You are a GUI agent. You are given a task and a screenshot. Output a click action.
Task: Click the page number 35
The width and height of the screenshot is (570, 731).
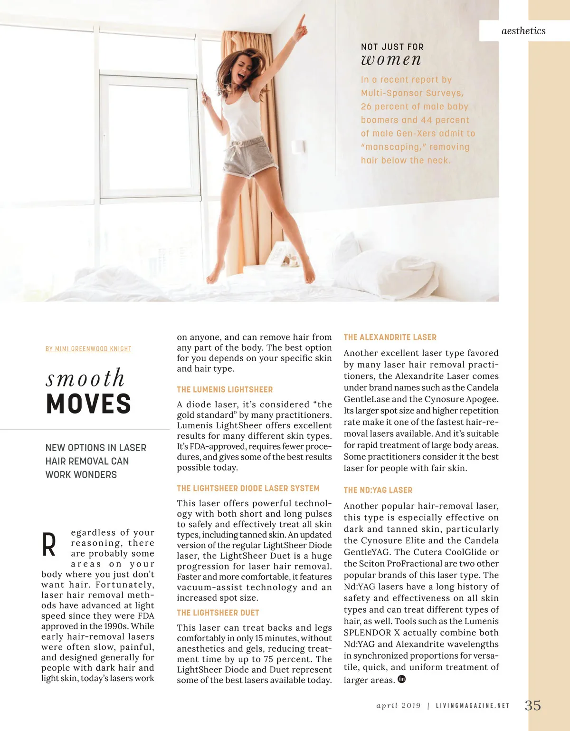tap(532, 705)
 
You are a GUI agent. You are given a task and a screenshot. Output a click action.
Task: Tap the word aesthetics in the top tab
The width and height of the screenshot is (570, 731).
tap(523, 31)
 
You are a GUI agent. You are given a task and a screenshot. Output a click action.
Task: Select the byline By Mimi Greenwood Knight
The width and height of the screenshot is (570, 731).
tap(88, 349)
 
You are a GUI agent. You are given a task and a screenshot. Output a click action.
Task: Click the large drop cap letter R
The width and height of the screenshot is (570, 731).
tap(49, 545)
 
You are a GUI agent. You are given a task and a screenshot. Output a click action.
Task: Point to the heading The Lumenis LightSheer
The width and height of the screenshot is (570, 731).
tap(225, 390)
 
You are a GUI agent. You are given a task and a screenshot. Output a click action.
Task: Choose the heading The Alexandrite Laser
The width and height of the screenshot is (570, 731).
tap(390, 337)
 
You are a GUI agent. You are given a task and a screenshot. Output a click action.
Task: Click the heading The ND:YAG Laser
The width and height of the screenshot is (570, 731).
tap(378, 490)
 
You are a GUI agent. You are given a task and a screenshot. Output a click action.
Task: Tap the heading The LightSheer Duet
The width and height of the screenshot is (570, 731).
tap(218, 613)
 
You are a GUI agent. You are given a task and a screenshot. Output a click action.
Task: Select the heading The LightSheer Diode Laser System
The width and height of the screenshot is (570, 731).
tap(248, 489)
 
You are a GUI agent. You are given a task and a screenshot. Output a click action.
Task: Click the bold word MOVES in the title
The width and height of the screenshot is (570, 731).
tap(89, 404)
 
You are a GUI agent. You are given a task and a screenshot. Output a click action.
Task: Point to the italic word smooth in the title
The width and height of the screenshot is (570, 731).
tap(85, 378)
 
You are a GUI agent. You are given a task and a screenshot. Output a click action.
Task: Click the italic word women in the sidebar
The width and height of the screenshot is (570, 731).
tap(391, 60)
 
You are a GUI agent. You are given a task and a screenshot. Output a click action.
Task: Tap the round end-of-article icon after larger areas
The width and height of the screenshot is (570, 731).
tap(402, 679)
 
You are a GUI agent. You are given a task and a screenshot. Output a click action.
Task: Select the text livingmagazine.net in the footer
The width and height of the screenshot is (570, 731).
tap(472, 706)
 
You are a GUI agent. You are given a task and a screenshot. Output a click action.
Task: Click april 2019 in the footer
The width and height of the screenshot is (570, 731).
tap(399, 706)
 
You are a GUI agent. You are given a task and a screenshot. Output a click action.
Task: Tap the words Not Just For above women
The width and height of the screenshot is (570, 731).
tap(392, 47)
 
